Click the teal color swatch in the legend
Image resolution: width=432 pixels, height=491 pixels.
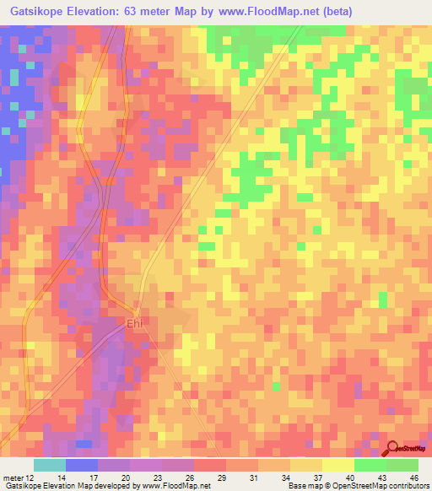(50, 465)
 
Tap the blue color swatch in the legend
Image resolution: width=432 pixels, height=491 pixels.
(82, 465)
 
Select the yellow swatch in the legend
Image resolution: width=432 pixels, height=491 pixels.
(338, 465)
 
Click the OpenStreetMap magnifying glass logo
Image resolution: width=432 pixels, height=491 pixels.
(394, 449)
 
